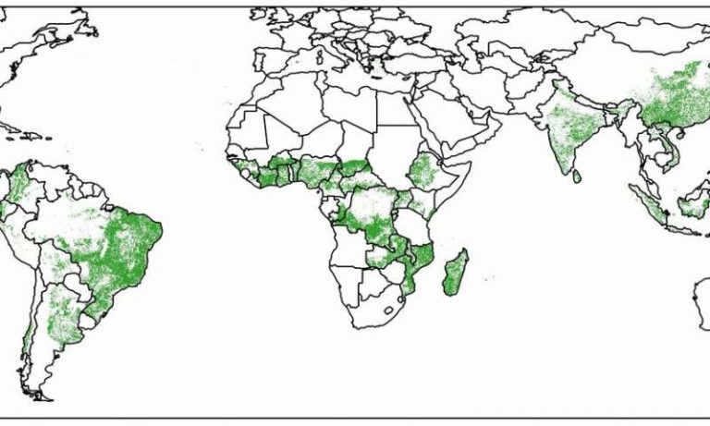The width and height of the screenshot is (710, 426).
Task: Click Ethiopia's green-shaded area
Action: [x=425, y=173]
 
